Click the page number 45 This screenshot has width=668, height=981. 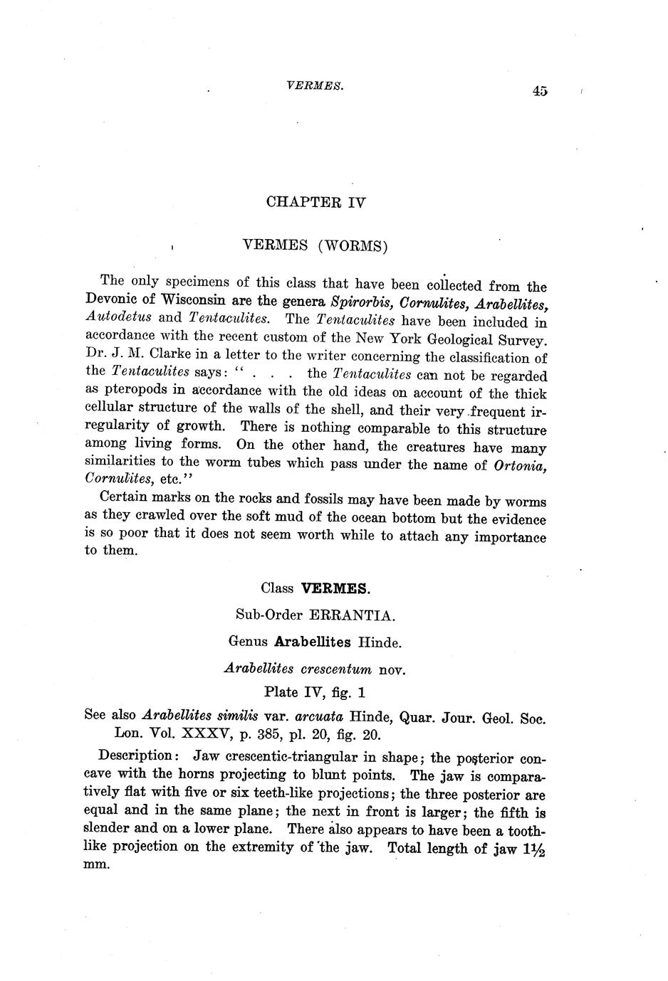(x=538, y=90)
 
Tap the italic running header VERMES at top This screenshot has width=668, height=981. (x=305, y=85)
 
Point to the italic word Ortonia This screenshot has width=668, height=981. (x=519, y=466)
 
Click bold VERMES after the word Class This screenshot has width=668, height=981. (x=335, y=588)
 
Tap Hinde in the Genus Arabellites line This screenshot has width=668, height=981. (x=379, y=642)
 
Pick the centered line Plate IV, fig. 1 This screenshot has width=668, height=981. (x=315, y=691)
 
